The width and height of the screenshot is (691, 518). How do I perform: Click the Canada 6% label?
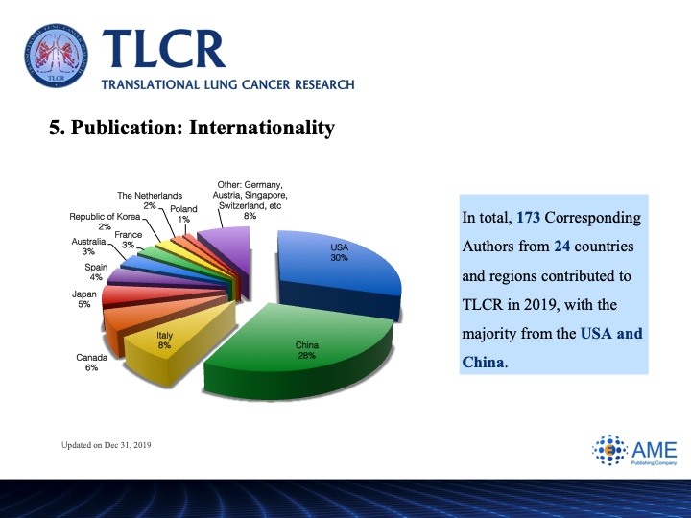pos(92,363)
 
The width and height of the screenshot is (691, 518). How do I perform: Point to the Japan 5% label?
pos(84,299)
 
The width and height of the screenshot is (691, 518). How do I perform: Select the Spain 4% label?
pos(96,272)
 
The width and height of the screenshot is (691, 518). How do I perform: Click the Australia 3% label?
pos(88,247)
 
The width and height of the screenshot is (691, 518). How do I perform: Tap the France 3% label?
pos(129,240)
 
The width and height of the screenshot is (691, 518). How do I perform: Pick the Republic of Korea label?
pos(105,222)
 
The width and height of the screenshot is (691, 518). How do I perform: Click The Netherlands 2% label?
pos(150,200)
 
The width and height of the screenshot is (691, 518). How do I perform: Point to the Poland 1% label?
pos(183,214)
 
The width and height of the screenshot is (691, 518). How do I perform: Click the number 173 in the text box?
pos(528,218)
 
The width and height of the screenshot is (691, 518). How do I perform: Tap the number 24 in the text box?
pos(561,247)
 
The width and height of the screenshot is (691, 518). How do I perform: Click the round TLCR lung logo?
pos(56,56)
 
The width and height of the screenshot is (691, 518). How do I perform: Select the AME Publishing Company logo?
pos(634,450)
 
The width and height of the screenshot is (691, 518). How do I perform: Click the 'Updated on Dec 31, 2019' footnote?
pos(107,445)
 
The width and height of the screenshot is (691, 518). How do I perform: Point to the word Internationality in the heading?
pos(262,128)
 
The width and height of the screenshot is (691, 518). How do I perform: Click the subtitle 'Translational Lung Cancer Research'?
pos(227,84)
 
